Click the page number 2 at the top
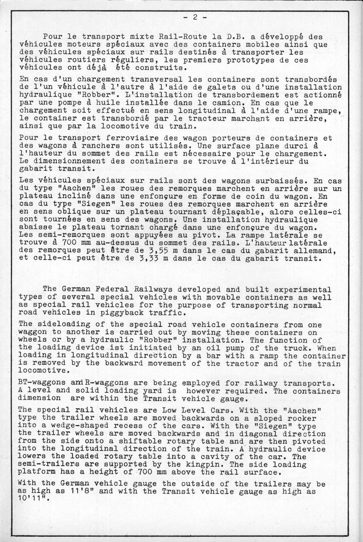(x=195, y=17)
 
